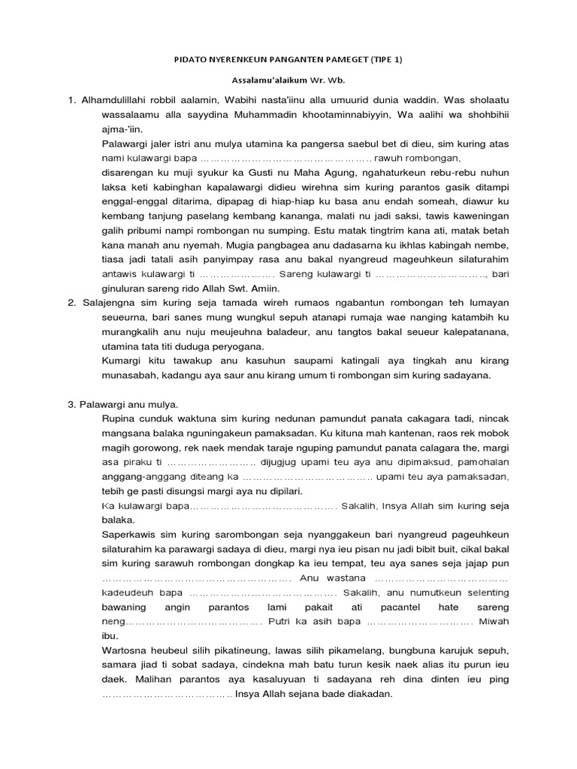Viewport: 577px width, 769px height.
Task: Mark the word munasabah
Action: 128,374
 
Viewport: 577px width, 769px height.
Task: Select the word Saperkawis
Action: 129,535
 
